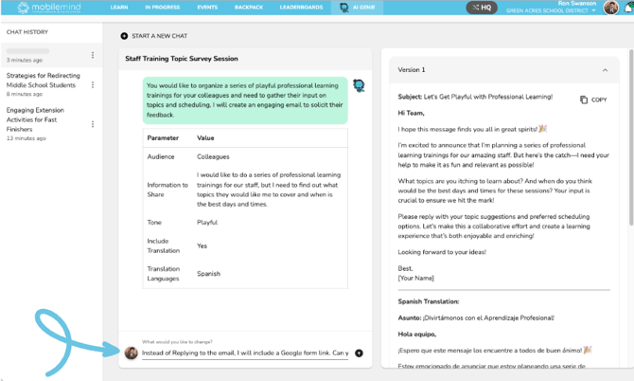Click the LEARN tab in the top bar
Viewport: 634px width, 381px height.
[x=119, y=7]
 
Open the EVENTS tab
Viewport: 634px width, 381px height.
[x=207, y=7]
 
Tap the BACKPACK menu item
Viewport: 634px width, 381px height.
[x=249, y=7]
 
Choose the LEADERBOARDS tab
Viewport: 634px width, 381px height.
[x=302, y=7]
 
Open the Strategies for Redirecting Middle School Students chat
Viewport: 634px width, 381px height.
[x=42, y=79]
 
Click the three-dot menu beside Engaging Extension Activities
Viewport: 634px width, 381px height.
[x=93, y=124]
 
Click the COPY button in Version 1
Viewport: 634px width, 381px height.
[x=593, y=100]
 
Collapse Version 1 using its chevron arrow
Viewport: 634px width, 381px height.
[x=605, y=70]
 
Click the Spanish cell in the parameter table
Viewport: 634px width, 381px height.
[x=208, y=274]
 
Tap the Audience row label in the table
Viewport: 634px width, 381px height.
[x=161, y=155]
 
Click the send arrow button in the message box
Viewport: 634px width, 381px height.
[x=359, y=353]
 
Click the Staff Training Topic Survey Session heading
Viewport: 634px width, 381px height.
[x=182, y=59]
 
